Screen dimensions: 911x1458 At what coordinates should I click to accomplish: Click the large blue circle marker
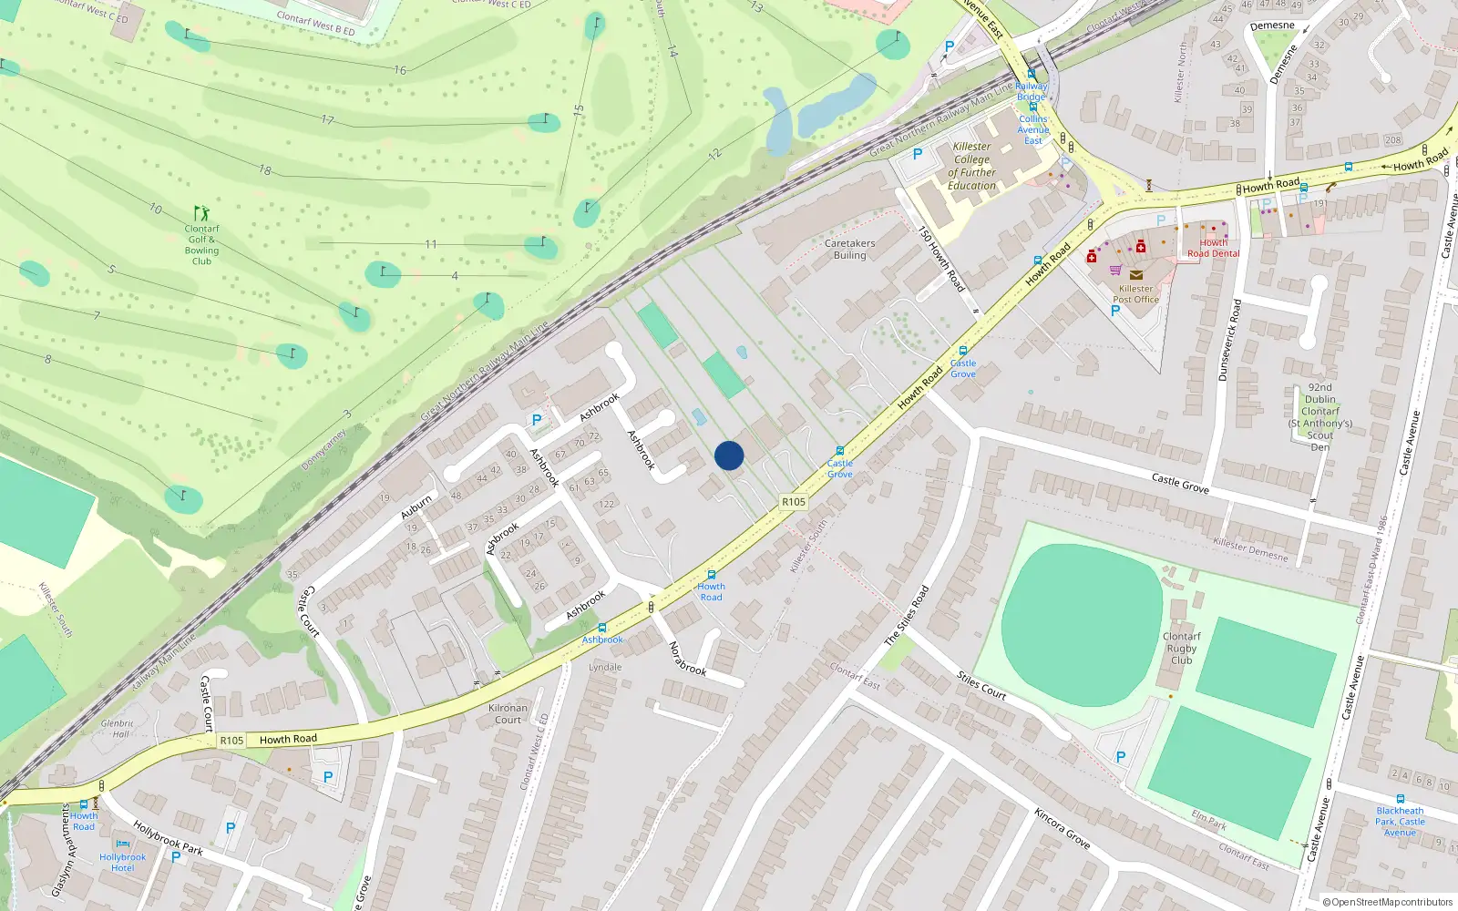(729, 455)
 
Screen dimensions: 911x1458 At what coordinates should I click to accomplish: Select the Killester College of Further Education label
(971, 166)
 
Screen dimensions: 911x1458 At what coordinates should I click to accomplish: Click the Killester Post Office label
(1135, 293)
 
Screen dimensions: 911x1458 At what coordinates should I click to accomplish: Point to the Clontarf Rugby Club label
(1181, 649)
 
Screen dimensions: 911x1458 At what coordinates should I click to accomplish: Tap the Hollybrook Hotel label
(122, 862)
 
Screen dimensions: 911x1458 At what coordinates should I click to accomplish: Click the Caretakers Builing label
(849, 249)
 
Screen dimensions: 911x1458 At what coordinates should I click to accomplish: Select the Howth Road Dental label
(1213, 248)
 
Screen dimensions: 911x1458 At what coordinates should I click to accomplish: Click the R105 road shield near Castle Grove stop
(794, 502)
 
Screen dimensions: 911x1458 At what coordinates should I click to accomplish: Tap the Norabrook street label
(687, 659)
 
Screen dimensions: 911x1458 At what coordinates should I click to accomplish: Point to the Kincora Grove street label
(1062, 828)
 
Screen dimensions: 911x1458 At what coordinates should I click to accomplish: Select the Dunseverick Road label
(1229, 340)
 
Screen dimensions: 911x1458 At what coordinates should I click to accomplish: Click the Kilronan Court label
(508, 713)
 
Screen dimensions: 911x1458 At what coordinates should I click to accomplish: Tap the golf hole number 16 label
(400, 70)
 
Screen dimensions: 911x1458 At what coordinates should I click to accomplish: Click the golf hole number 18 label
(265, 169)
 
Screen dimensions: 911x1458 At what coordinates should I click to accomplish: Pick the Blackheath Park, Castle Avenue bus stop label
(1400, 821)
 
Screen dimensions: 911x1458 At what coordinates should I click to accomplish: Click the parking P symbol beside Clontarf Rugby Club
(1121, 757)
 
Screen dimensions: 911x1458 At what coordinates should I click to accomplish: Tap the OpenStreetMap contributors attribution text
(1388, 902)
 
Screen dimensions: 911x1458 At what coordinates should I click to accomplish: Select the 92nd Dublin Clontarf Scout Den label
(1319, 417)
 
